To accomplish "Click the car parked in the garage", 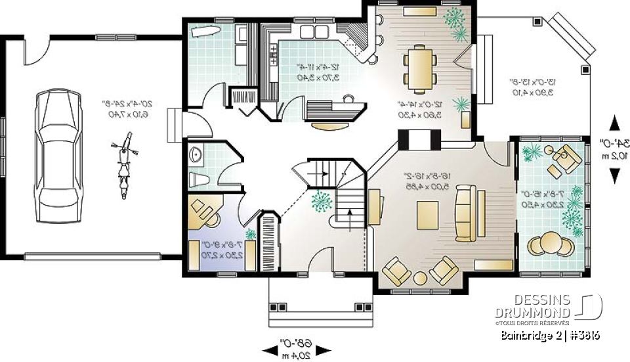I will (x=57, y=157).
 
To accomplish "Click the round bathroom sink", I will (x=195, y=155).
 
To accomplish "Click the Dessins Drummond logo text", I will (x=534, y=305).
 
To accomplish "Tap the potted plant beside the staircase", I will (x=321, y=200).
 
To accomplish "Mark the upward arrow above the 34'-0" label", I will (x=614, y=124).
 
